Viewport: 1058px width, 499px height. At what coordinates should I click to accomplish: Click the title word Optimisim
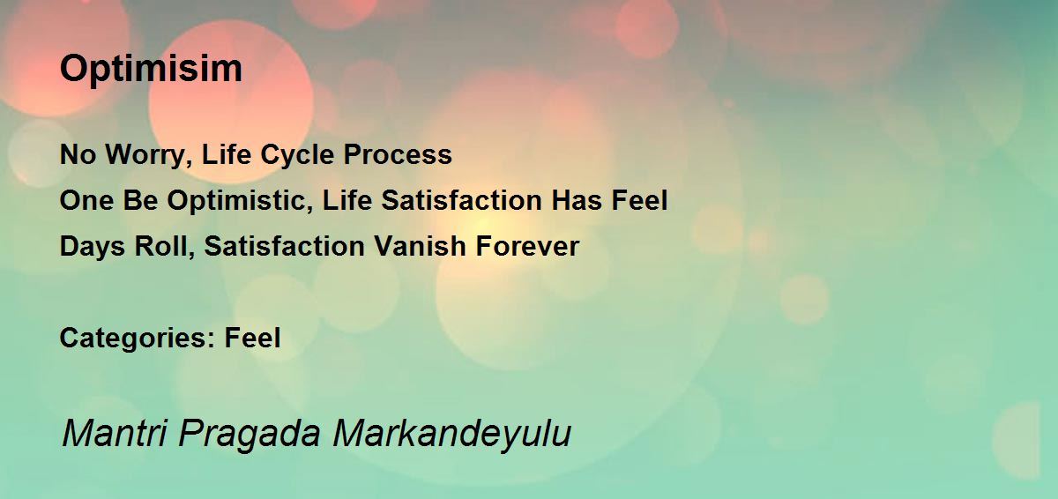(x=151, y=70)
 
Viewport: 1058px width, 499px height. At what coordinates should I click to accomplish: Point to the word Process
(x=398, y=154)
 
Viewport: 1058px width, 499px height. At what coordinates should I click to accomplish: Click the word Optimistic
(x=240, y=201)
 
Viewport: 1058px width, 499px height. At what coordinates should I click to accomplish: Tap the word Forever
(x=527, y=246)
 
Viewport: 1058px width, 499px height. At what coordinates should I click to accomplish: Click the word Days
(x=92, y=247)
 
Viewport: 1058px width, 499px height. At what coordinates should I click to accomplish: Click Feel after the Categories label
(x=252, y=338)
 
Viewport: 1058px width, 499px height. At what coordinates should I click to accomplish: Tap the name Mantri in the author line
(x=115, y=432)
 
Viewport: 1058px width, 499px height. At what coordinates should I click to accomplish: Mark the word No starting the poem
(x=78, y=154)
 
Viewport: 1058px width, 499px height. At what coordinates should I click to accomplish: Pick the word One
(x=87, y=200)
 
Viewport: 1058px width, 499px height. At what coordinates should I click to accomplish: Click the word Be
(x=141, y=200)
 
